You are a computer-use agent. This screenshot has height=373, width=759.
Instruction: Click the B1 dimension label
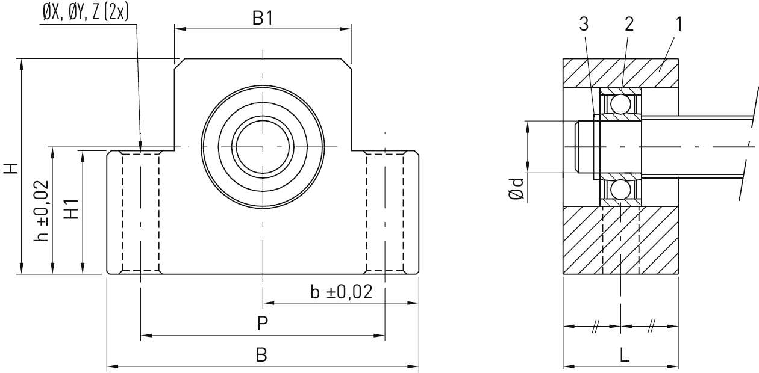[x=263, y=18]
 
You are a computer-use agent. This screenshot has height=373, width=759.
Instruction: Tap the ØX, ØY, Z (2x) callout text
[x=86, y=13]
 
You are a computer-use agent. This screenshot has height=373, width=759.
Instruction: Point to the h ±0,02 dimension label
[x=42, y=211]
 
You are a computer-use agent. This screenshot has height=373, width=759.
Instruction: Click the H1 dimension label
[x=72, y=209]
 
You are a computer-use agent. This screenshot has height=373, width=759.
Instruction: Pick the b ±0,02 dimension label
[x=341, y=292]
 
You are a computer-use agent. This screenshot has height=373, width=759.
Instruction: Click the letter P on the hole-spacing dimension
[x=263, y=324]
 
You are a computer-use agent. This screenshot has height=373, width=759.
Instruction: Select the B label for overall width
[x=261, y=355]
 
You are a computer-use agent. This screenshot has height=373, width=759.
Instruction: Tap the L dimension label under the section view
[x=625, y=356]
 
